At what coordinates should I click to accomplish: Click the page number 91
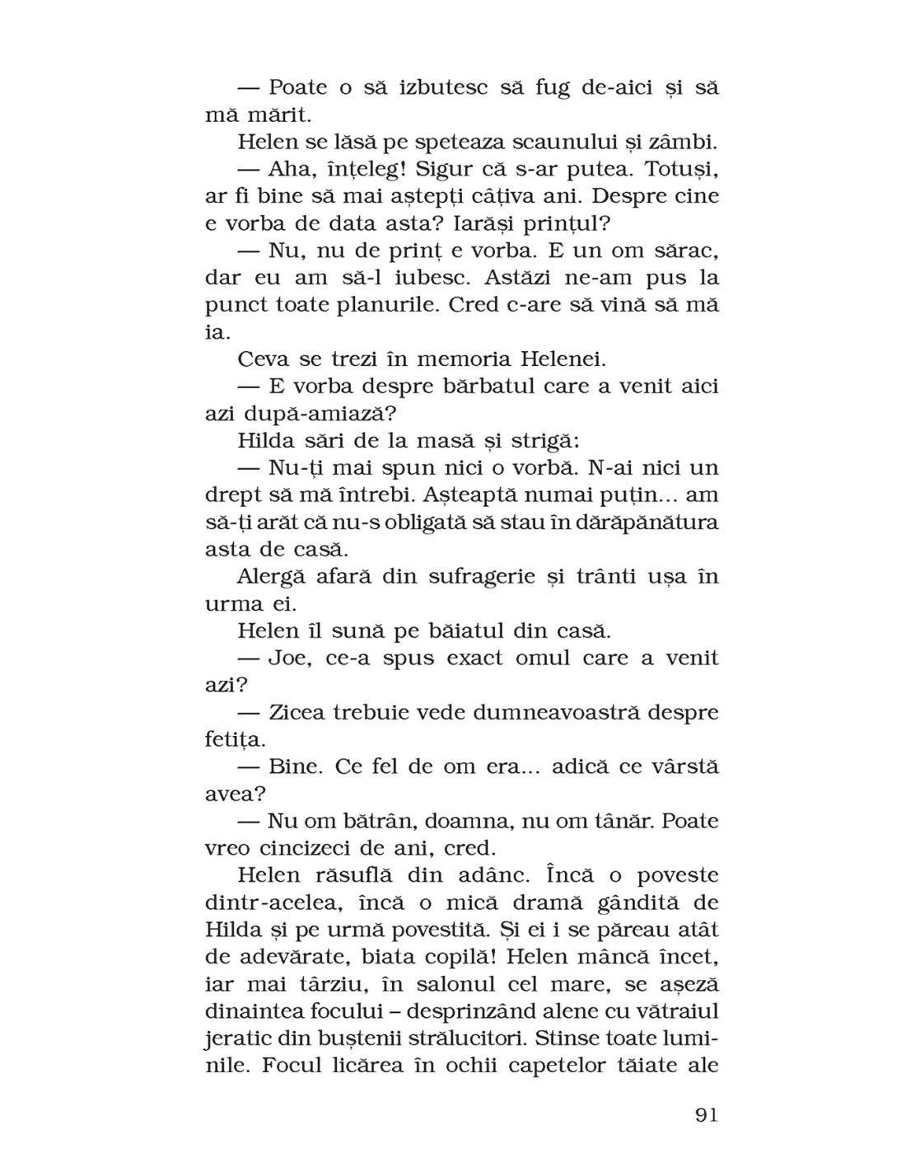pyautogui.click(x=707, y=1115)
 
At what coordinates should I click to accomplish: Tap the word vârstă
pyautogui.click(x=679, y=766)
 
